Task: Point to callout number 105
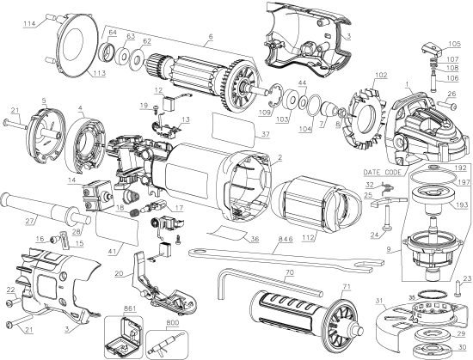pos(453,43)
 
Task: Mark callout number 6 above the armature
pos(208,37)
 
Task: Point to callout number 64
pos(113,33)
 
